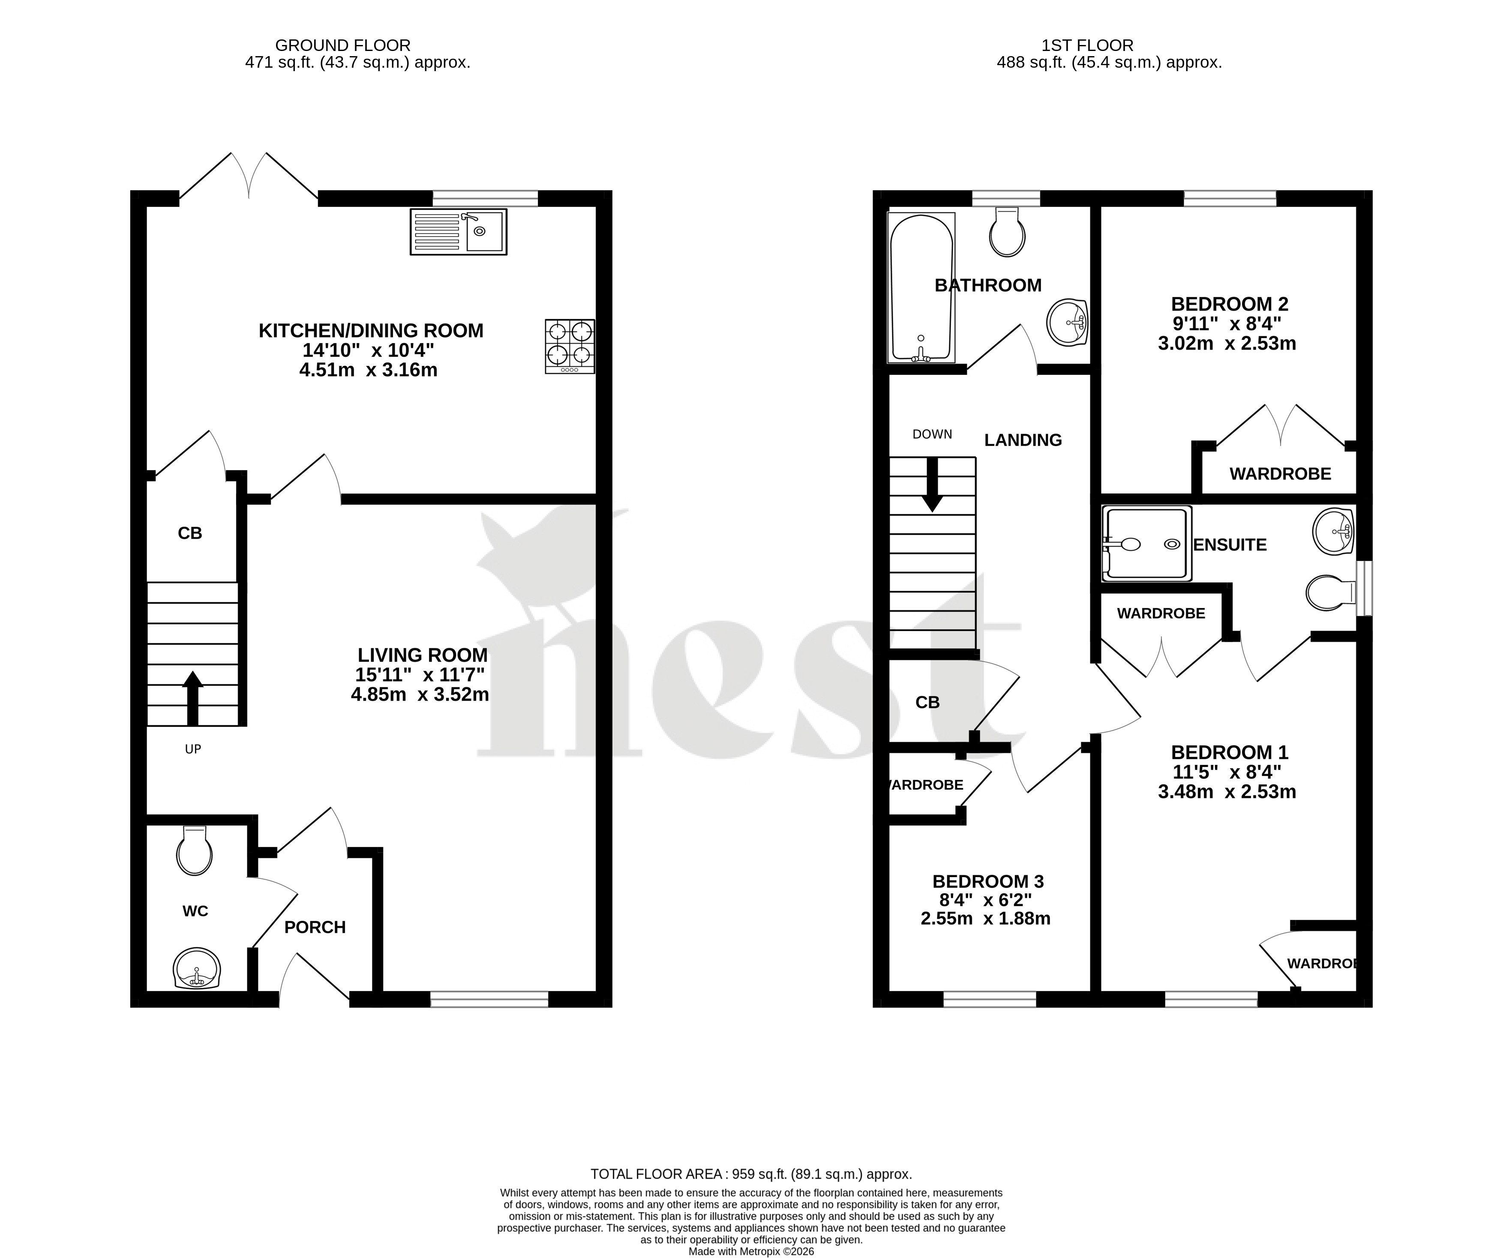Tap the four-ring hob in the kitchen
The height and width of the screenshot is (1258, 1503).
(570, 346)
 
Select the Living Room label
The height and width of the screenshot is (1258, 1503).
(422, 655)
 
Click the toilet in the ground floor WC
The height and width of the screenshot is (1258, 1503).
(195, 850)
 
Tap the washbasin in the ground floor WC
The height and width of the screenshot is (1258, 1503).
(197, 968)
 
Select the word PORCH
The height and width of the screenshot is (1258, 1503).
(315, 927)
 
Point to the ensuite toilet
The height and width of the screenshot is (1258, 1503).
(1331, 593)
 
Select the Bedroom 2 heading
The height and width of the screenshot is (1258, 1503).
(1230, 304)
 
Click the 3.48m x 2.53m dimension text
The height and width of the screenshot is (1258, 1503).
(1227, 791)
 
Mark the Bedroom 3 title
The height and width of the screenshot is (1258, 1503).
(988, 882)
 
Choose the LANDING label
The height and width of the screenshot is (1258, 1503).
(1023, 440)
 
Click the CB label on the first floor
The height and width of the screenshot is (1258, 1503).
(927, 703)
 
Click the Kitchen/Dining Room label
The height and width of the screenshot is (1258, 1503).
(371, 331)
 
